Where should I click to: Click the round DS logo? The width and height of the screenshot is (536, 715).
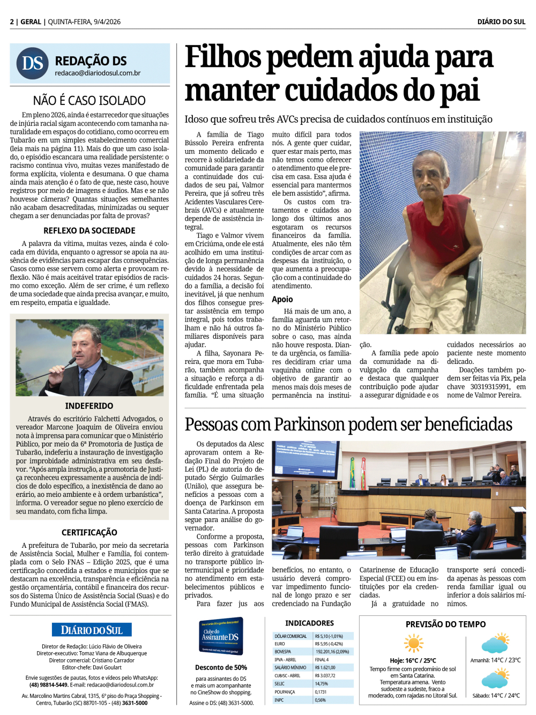pos(33,63)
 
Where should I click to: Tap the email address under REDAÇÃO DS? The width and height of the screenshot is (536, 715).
pos(98,73)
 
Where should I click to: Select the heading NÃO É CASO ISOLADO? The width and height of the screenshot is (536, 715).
pos(90,100)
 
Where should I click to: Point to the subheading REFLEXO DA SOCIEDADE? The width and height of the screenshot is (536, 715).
pos(90,230)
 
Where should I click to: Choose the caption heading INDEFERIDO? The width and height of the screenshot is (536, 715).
pos(90,406)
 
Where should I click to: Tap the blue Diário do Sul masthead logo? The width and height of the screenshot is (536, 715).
pos(92,630)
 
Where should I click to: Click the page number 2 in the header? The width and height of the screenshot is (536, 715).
pos(12,22)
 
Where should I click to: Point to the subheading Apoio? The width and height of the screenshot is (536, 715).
pos(282,299)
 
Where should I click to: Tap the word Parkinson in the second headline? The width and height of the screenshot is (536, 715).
pos(309,424)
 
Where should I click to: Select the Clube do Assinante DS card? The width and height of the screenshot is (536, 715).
pos(221,636)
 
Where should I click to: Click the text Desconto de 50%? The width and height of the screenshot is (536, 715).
pos(221,667)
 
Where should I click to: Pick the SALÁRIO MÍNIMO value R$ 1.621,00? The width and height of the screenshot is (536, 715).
pos(325,668)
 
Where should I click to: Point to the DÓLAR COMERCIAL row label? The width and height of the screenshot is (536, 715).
pos(291,636)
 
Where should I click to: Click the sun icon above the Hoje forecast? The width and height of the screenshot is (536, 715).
pos(413,643)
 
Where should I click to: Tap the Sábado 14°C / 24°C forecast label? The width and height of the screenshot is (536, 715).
pos(496,696)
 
